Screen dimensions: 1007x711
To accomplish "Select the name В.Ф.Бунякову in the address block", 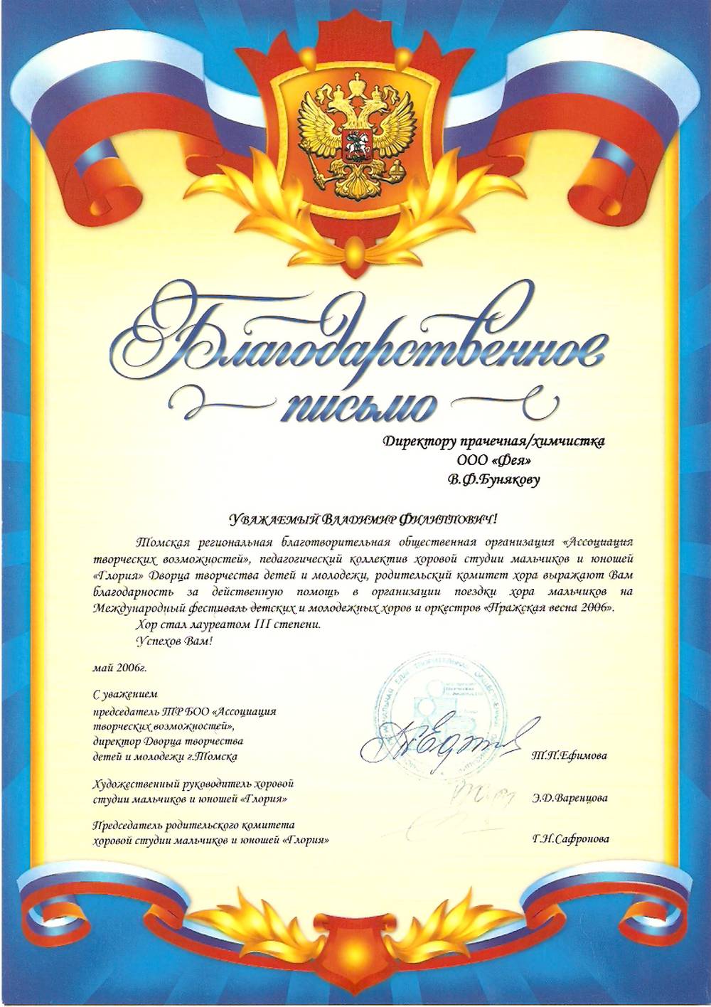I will (x=493, y=479).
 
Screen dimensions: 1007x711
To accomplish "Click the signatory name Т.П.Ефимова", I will (x=569, y=756).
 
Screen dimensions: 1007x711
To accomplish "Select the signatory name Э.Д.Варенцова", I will (x=569, y=798).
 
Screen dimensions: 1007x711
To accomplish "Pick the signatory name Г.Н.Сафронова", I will (x=570, y=839).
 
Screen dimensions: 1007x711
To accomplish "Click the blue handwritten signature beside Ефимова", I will (x=441, y=743).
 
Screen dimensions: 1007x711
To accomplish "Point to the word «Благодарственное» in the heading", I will (x=355, y=341).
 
